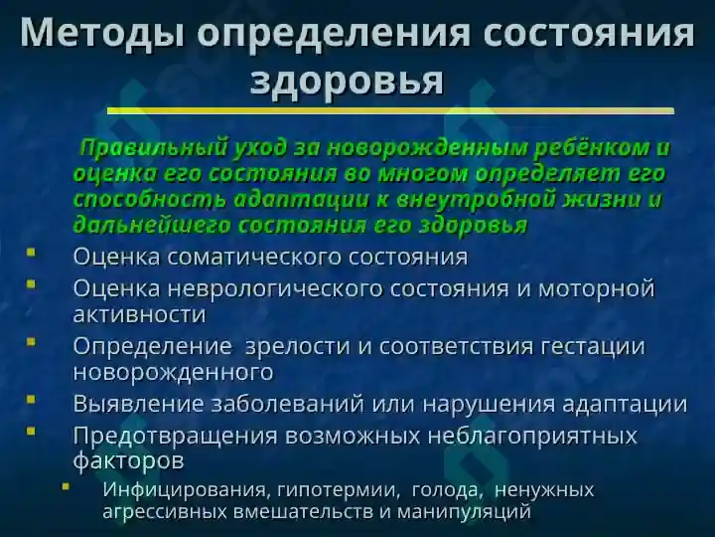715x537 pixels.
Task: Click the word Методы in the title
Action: tap(102, 33)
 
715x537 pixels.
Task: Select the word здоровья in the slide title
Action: tap(347, 82)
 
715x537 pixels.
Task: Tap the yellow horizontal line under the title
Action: tap(390, 110)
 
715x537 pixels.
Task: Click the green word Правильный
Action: tap(153, 148)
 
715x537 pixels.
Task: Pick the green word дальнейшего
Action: tap(151, 226)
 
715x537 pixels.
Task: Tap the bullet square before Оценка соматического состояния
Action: tap(31, 252)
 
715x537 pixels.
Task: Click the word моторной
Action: tap(597, 288)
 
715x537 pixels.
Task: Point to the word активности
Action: tap(140, 314)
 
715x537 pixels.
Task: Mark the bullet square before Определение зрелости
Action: tap(31, 341)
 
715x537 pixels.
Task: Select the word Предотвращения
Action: tap(175, 436)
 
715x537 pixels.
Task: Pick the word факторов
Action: tap(128, 461)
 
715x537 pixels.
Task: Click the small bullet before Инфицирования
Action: tap(66, 486)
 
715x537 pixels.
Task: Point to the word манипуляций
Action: tap(464, 511)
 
